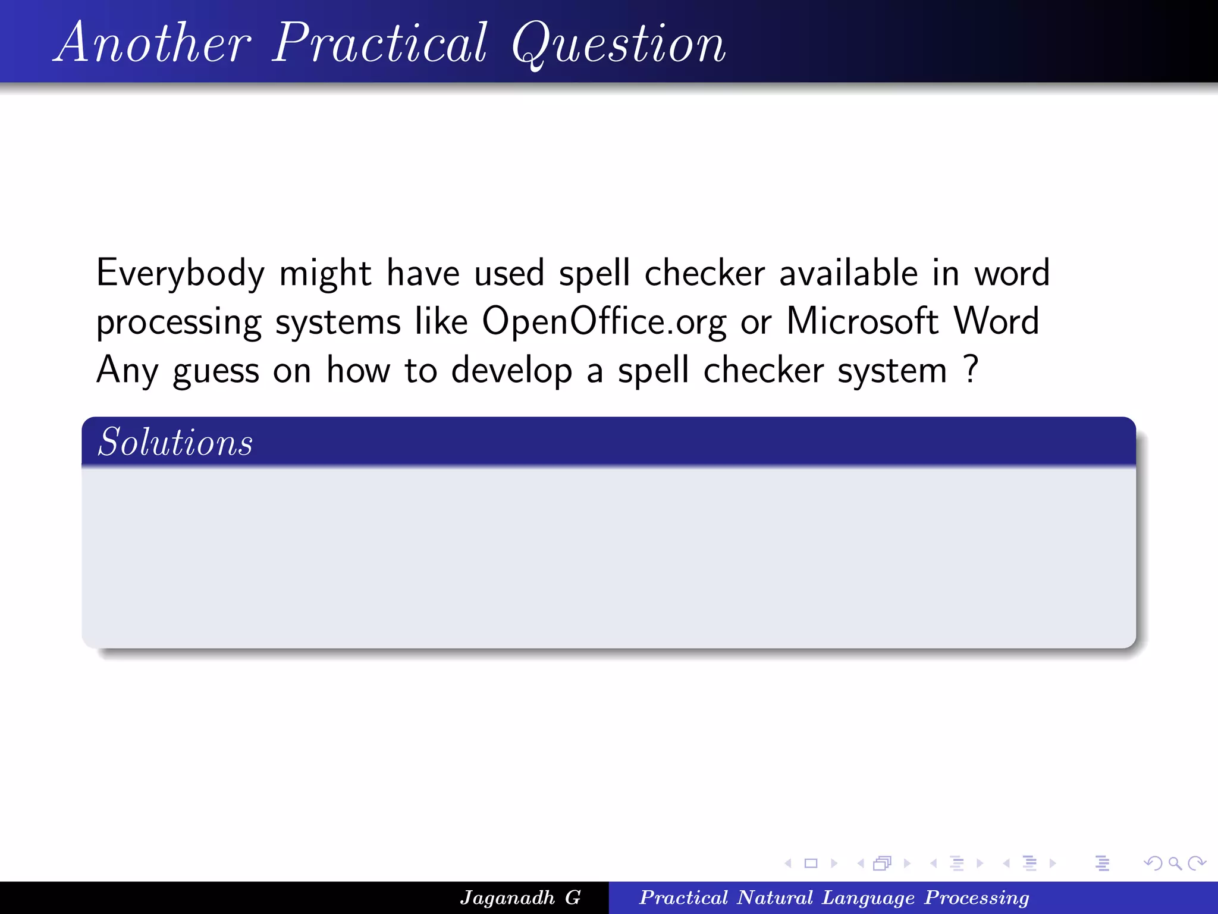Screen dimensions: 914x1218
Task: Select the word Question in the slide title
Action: tap(619, 45)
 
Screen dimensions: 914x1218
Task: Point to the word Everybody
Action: tap(180, 274)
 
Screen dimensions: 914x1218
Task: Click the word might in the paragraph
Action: tap(325, 274)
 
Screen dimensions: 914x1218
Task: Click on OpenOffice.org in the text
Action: tap(604, 322)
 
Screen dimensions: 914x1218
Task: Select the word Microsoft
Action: tap(862, 321)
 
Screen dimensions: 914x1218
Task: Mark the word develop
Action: tap(511, 371)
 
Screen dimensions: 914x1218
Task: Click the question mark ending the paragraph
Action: tap(971, 369)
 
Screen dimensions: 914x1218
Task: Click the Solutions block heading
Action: tap(175, 442)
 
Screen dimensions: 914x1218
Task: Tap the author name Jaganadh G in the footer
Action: tap(520, 897)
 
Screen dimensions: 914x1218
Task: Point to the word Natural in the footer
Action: tap(774, 897)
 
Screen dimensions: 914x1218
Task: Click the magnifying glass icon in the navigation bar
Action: tap(1175, 863)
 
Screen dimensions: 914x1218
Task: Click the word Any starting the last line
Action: tap(127, 371)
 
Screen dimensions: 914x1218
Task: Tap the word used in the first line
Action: tap(509, 273)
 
